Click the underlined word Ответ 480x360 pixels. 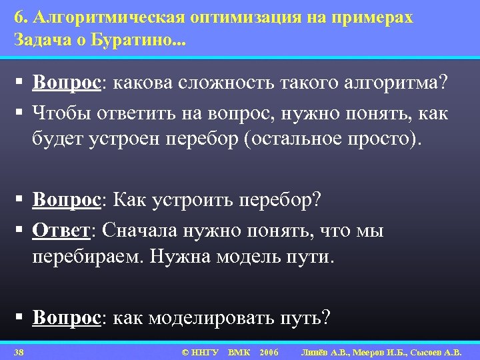[61, 230]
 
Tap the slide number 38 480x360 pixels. [19, 351]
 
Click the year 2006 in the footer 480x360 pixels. [269, 351]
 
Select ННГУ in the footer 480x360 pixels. [205, 351]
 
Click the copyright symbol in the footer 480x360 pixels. [185, 351]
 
